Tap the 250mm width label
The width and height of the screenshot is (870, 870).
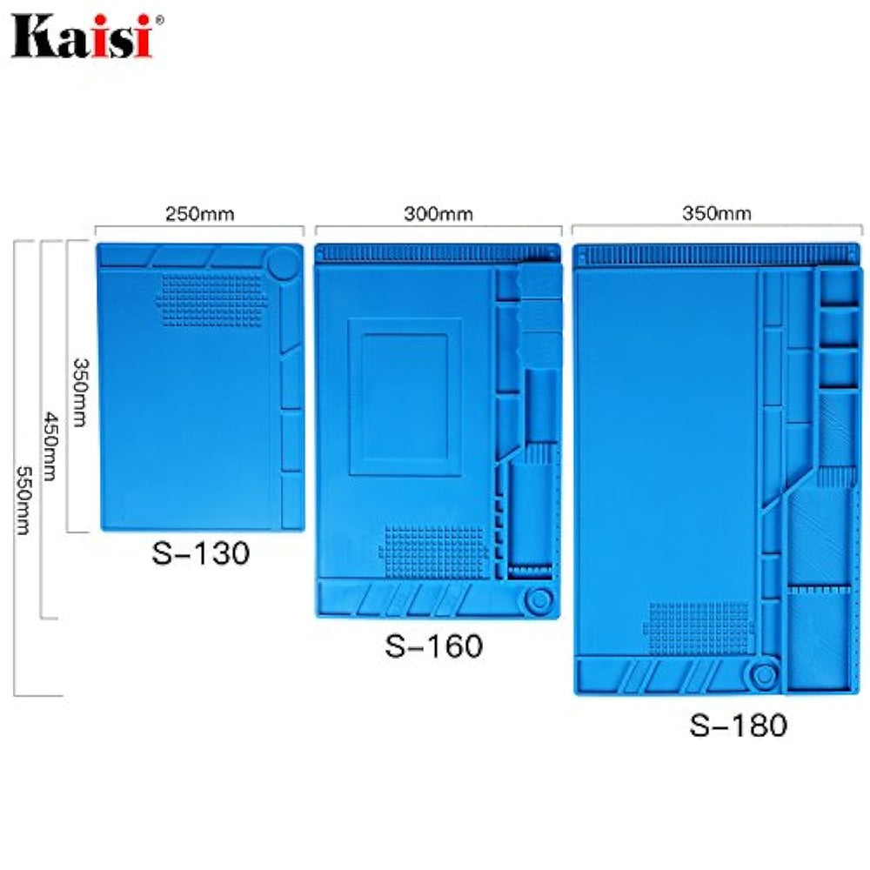click(x=200, y=214)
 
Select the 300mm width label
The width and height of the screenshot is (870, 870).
click(x=438, y=214)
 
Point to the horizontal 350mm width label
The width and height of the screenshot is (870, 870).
click(x=716, y=213)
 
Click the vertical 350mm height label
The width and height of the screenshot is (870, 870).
click(x=81, y=392)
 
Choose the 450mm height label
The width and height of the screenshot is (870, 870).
click(x=51, y=446)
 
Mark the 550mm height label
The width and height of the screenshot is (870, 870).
click(x=23, y=500)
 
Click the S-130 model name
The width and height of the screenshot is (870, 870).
click(x=201, y=553)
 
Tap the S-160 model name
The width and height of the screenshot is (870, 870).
click(x=434, y=646)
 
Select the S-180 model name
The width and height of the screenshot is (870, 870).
click(x=738, y=725)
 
